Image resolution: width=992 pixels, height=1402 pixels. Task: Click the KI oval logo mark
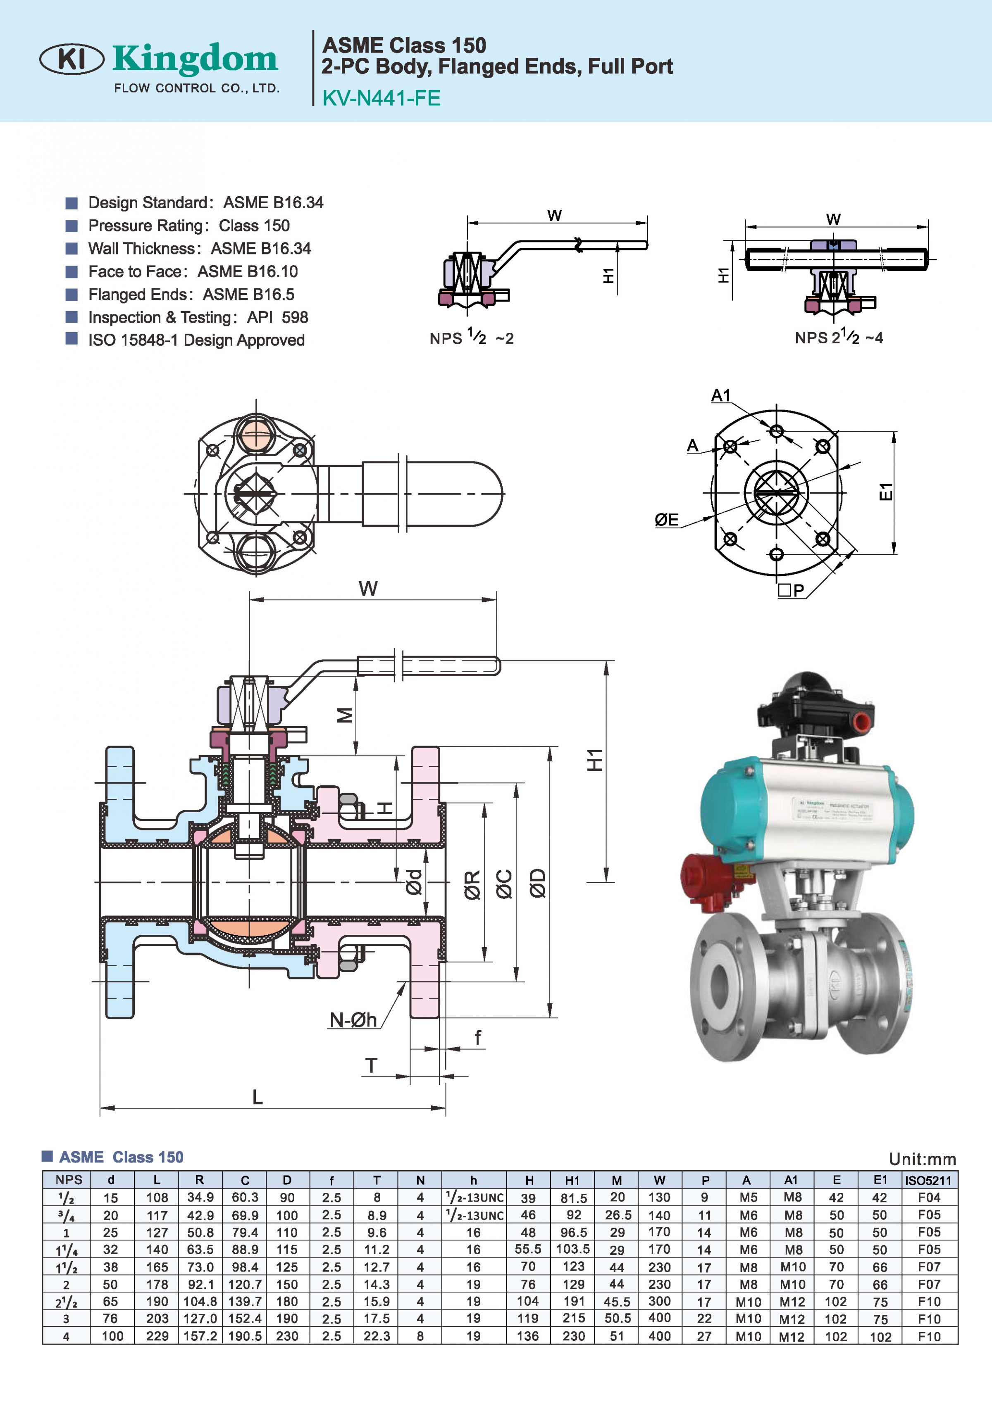[x=72, y=59]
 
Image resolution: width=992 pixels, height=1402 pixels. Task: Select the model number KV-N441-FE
[x=381, y=98]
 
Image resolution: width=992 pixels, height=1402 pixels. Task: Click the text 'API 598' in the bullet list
[x=277, y=318]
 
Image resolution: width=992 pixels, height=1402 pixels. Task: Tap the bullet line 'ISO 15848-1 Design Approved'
[x=196, y=340]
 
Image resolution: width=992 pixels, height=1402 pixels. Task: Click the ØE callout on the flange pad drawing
[x=666, y=520]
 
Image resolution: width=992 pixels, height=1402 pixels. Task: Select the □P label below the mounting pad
[x=791, y=590]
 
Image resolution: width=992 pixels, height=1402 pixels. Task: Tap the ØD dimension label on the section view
[x=537, y=883]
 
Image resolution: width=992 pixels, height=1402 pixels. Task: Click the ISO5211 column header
[x=928, y=1180]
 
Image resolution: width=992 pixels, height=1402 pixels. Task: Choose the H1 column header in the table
[x=572, y=1180]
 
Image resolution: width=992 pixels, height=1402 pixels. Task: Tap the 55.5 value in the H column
[x=528, y=1249]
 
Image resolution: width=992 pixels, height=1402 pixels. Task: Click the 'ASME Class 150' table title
[x=121, y=1157]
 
